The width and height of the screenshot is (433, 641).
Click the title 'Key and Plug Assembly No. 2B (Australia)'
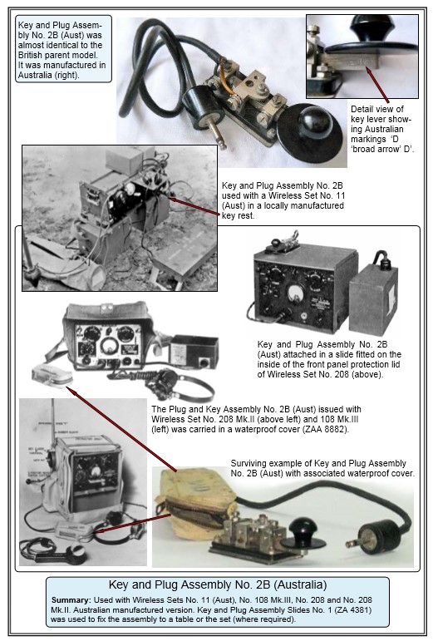[218, 584]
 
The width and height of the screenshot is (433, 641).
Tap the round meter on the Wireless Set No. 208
[295, 293]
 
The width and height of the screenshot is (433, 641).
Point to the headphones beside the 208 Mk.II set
[180, 384]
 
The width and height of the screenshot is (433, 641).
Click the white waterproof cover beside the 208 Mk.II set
[52, 376]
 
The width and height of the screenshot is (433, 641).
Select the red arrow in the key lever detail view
[377, 85]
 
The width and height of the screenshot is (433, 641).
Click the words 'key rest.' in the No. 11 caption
[239, 215]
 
